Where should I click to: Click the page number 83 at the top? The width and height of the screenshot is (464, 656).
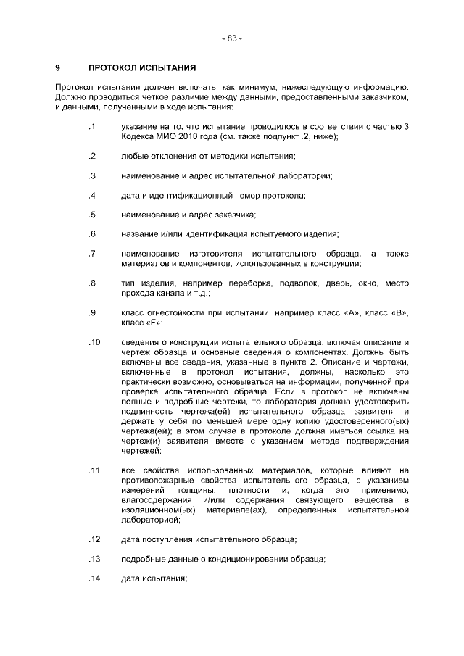point(231,38)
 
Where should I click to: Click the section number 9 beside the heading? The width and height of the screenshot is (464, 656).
point(57,68)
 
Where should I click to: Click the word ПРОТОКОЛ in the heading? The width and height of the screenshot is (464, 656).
point(115,68)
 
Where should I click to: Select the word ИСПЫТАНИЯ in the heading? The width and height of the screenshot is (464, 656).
point(169,68)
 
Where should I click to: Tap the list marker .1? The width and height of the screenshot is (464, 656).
point(91,127)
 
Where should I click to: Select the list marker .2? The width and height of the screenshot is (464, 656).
point(91,156)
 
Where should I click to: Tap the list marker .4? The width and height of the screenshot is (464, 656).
point(91,195)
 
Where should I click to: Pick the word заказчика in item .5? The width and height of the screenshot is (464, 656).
point(232,215)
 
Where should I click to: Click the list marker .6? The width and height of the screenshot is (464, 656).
point(91,233)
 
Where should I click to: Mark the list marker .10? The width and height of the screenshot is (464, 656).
point(94,341)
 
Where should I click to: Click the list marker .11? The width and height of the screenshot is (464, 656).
point(94,470)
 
